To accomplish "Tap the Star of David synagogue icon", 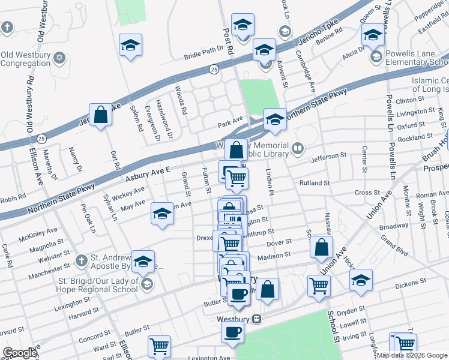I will [59, 58].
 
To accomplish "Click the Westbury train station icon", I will [257, 318].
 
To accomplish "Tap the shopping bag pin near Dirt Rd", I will [101, 115].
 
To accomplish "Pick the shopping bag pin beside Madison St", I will [322, 247].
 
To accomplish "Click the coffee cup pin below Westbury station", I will [232, 332].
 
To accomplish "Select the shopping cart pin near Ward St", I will [160, 346].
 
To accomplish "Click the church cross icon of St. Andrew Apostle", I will [81, 260].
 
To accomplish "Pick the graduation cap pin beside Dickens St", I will [361, 280].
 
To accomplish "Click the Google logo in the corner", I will [20, 353].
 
